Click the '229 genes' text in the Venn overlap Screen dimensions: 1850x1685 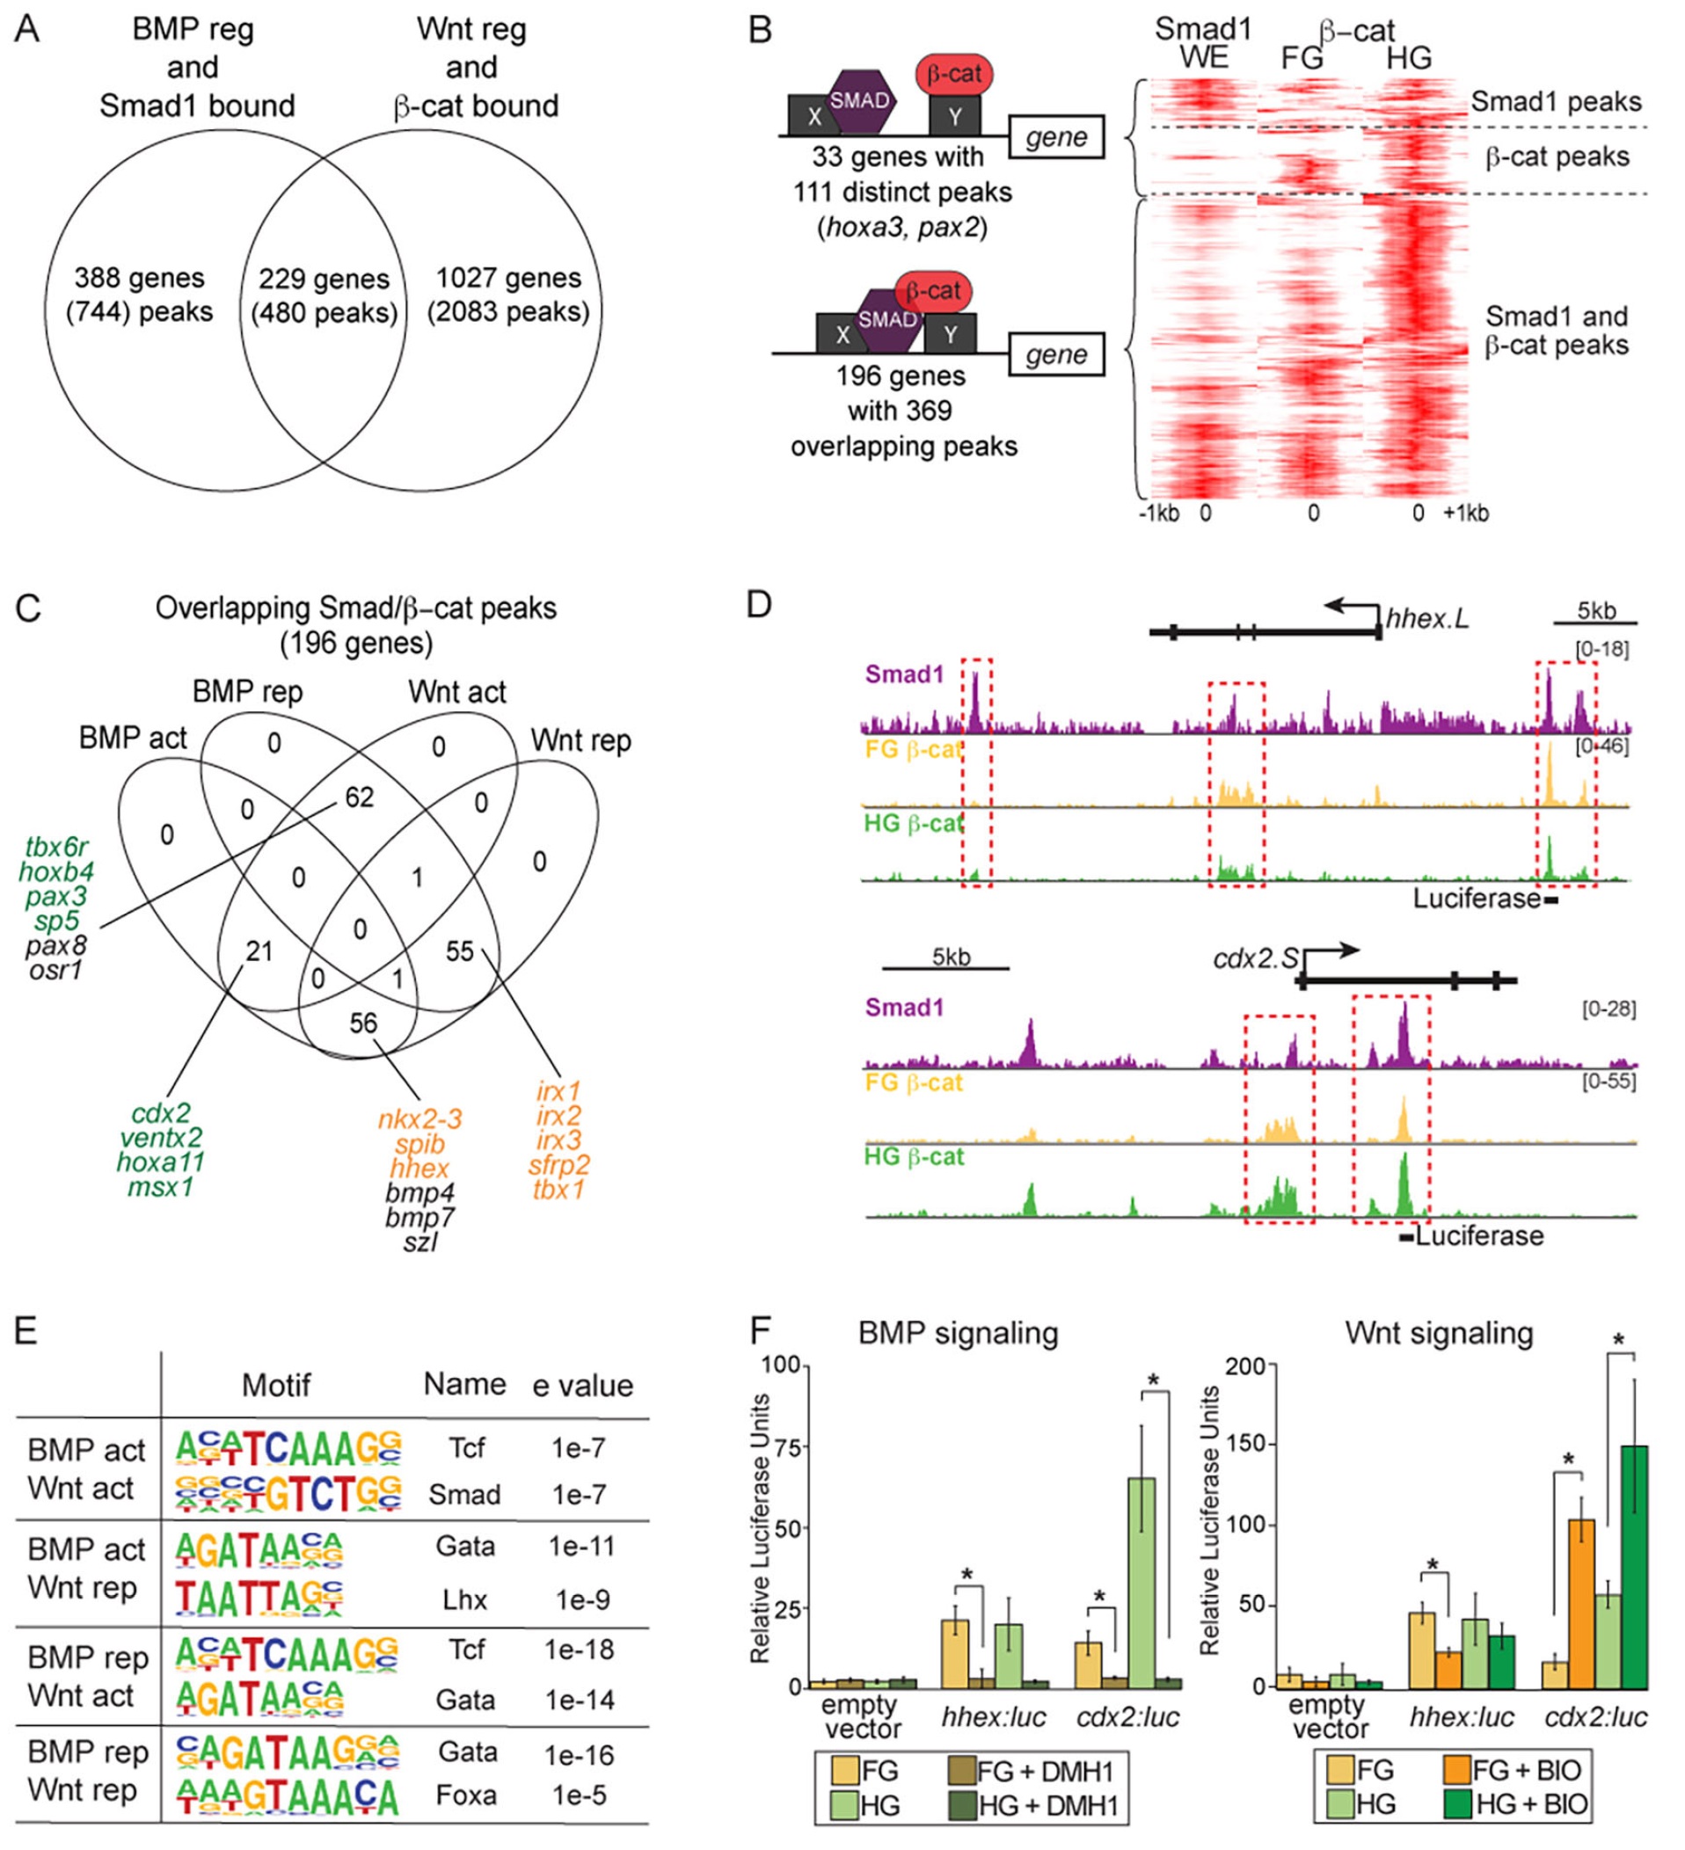[x=323, y=279]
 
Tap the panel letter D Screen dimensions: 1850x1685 [x=760, y=606]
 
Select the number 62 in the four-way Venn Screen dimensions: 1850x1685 [x=359, y=798]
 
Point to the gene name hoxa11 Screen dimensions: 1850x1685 [x=161, y=1162]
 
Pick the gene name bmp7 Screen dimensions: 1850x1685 [x=419, y=1217]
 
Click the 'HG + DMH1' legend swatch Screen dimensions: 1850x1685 [x=961, y=1806]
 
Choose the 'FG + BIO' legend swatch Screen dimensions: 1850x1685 [x=1456, y=1769]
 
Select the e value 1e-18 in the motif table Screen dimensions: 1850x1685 [x=578, y=1649]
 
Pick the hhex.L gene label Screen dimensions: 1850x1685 [x=1426, y=618]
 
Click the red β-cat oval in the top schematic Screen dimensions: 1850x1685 [x=953, y=75]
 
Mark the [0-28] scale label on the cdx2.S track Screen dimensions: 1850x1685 [x=1608, y=1009]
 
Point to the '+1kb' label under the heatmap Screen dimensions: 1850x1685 [x=1466, y=513]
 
